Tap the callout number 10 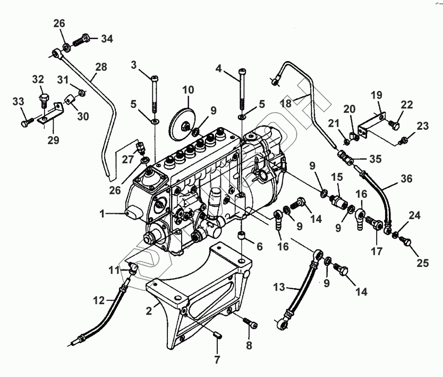pos(189,90)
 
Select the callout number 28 pos(101,68)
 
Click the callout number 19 pos(376,96)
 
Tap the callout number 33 pos(19,101)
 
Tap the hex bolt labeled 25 pos(408,242)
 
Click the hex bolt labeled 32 pos(43,99)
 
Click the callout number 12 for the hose pos(99,301)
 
